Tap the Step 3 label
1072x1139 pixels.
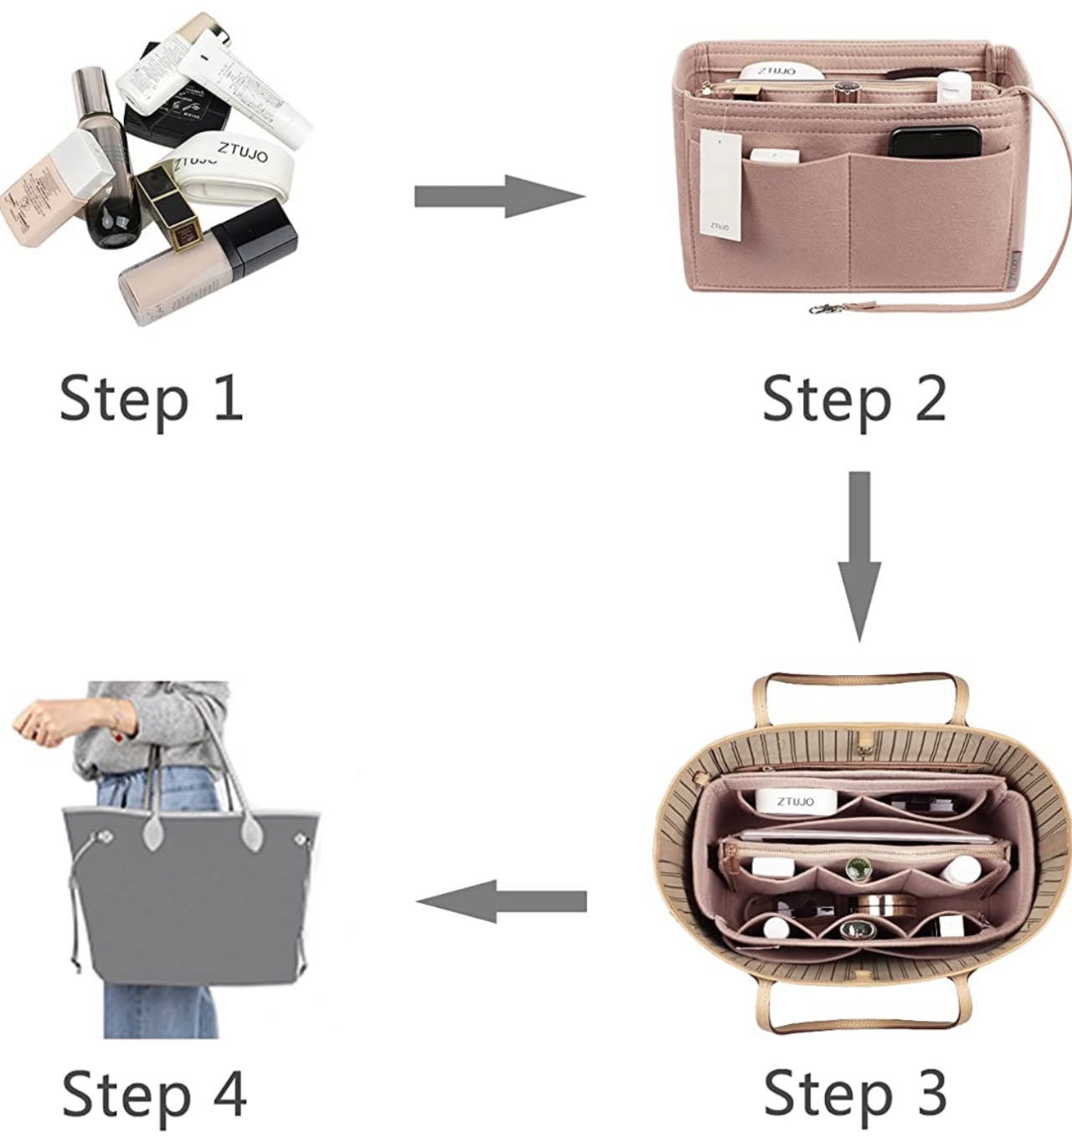[855, 1092]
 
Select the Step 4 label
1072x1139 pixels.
[154, 1092]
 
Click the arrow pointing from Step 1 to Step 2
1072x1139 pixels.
[499, 197]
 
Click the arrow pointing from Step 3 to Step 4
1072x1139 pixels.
[501, 901]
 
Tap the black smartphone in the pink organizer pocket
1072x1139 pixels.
[935, 142]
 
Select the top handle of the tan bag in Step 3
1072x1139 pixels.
[859, 683]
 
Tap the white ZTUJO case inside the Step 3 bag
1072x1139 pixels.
[795, 801]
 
